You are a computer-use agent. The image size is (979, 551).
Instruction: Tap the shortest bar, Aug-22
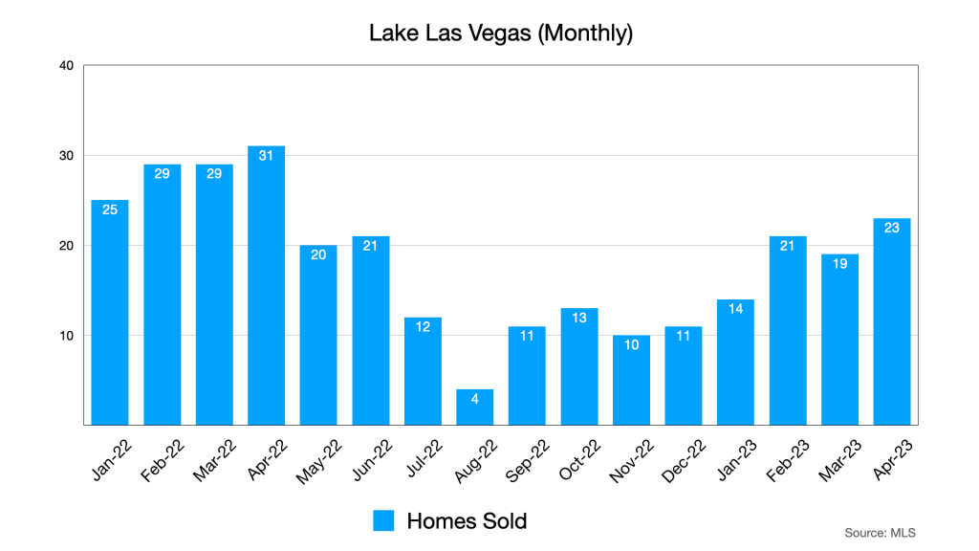click(x=474, y=407)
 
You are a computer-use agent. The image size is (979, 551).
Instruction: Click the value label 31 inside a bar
click(x=266, y=155)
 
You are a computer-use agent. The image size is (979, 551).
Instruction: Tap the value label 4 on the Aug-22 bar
click(x=474, y=398)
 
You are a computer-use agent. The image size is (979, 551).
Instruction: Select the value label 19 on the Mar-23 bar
click(x=839, y=263)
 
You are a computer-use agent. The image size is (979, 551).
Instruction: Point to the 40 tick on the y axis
click(x=66, y=66)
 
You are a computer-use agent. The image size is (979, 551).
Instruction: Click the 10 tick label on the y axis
click(x=66, y=336)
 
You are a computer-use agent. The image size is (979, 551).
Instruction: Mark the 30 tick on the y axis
click(x=66, y=156)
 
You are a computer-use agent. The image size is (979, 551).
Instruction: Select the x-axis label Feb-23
click(x=785, y=456)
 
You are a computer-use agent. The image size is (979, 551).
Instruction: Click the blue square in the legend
click(x=383, y=520)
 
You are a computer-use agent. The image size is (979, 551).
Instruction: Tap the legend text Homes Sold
click(x=467, y=520)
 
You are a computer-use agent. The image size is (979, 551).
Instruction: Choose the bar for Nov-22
click(x=631, y=380)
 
